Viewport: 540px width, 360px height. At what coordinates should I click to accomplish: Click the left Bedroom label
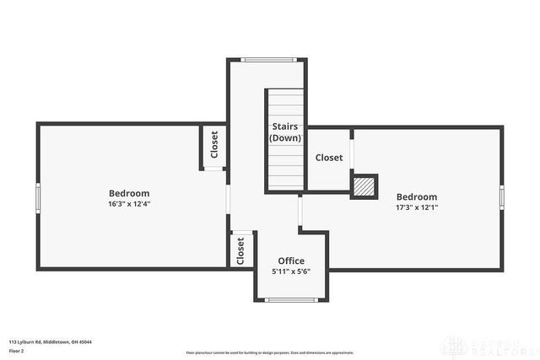point(129,193)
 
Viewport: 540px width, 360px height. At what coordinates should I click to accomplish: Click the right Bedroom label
point(417,197)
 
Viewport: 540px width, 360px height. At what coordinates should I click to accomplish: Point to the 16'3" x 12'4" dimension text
point(129,204)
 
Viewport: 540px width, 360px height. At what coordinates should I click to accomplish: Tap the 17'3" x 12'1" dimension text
point(417,207)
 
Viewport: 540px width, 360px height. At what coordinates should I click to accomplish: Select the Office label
point(291,261)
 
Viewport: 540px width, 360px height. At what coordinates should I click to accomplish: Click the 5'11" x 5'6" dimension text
point(291,271)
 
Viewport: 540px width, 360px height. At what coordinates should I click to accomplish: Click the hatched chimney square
point(364,186)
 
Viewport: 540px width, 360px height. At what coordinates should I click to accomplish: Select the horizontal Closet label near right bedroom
point(329,158)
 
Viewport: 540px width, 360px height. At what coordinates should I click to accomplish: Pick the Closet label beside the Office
point(240,250)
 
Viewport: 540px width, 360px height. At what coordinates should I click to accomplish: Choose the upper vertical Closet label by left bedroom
point(214,145)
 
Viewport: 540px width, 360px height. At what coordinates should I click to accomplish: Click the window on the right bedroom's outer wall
point(501,197)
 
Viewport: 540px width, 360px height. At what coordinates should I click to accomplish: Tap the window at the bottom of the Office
point(290,299)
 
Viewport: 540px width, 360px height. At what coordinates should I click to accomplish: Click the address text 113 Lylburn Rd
point(51,341)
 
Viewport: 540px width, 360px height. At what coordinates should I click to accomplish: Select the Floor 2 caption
point(17,350)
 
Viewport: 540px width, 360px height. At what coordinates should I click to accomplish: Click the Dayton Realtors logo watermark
point(492,346)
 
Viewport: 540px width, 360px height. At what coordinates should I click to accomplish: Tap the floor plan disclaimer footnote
point(270,352)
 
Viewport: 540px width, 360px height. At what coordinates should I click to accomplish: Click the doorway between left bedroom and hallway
point(227,200)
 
